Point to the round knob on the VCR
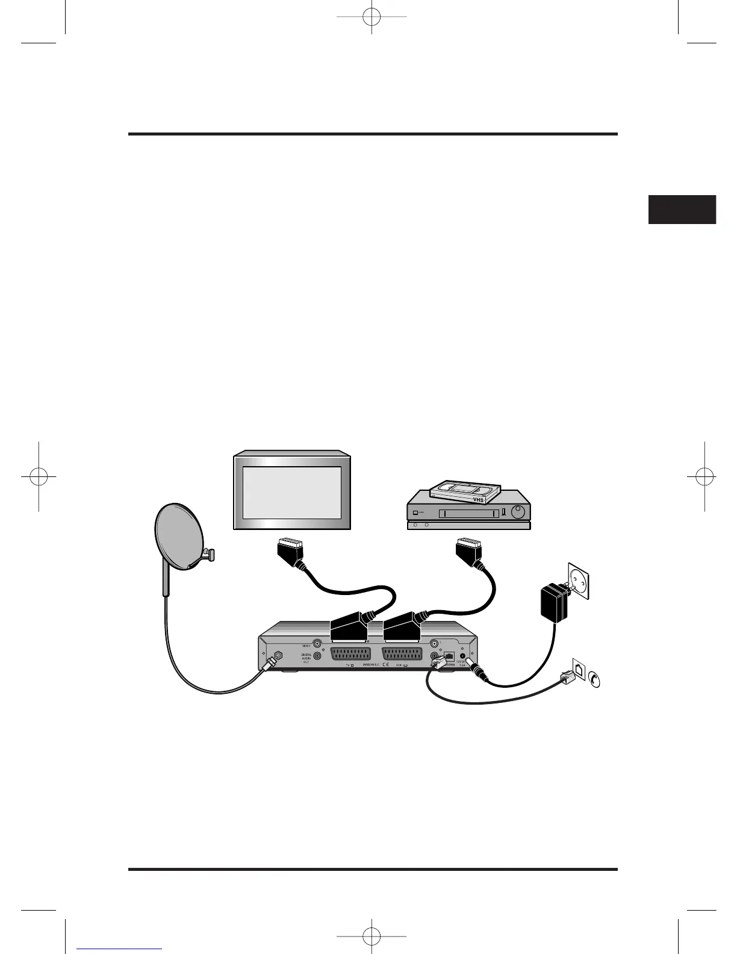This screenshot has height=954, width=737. [518, 513]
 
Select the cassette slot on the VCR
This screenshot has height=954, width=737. [469, 513]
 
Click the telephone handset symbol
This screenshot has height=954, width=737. [595, 679]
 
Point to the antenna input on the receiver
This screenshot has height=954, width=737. [278, 656]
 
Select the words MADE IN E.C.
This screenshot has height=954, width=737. [370, 665]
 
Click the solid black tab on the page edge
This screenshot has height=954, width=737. [682, 209]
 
